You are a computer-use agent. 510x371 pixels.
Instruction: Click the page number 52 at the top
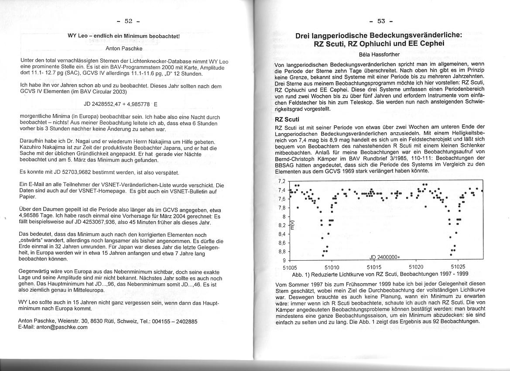pyautogui.click(x=128, y=21)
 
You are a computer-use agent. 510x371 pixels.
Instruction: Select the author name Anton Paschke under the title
pyautogui.click(x=124, y=48)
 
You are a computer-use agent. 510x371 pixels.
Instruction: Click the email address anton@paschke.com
pyautogui.click(x=62, y=326)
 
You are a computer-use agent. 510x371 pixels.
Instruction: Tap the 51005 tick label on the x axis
pyautogui.click(x=290, y=267)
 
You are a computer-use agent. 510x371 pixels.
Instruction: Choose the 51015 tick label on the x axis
pyautogui.click(x=374, y=267)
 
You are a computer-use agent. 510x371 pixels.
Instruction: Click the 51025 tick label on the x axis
pyautogui.click(x=458, y=267)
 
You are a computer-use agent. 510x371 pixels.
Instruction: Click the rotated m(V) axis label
pyautogui.click(x=293, y=224)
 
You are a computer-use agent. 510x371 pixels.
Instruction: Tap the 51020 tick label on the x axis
pyautogui.click(x=416, y=267)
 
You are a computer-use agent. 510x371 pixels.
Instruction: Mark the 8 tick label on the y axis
pyautogui.click(x=284, y=216)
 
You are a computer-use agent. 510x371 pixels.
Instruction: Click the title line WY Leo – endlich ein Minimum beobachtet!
pyautogui.click(x=124, y=36)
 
